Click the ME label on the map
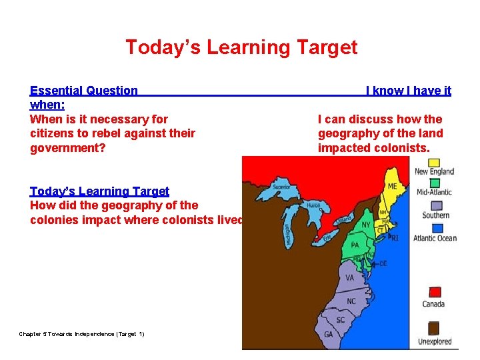coord(392,187)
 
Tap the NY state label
coord(365,225)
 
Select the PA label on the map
coord(355,245)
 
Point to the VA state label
coord(350,277)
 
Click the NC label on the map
coord(351,301)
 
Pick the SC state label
coord(340,319)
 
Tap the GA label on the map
coord(328,335)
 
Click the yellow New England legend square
coord(434,161)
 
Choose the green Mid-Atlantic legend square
coord(434,182)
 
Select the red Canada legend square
coord(434,292)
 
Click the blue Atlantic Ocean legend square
coord(435,227)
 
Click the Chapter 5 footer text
coord(81,333)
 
